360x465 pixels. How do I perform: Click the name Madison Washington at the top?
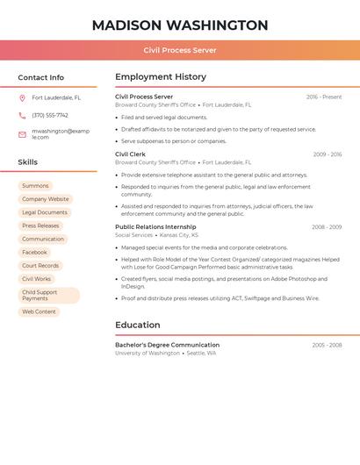180,25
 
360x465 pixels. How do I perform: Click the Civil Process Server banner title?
180,50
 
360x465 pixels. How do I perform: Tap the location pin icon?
22,98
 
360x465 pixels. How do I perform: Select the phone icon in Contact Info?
22,115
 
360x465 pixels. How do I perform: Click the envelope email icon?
22,134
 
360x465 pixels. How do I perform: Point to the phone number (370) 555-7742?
50,115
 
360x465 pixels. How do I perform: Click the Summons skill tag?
35,186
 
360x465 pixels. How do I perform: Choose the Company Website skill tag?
45,199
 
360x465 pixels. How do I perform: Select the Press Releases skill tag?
40,225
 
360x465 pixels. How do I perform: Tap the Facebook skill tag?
35,253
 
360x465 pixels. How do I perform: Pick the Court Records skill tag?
40,266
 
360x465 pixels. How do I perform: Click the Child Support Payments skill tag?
48,296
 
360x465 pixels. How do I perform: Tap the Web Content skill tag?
39,311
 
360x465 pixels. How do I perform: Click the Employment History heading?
161,77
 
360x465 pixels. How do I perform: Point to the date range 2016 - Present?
324,97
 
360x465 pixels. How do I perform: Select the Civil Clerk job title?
130,154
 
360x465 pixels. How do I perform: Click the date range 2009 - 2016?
328,154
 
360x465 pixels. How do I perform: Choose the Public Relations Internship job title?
155,227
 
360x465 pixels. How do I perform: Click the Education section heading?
137,325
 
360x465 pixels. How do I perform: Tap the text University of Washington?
148,353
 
